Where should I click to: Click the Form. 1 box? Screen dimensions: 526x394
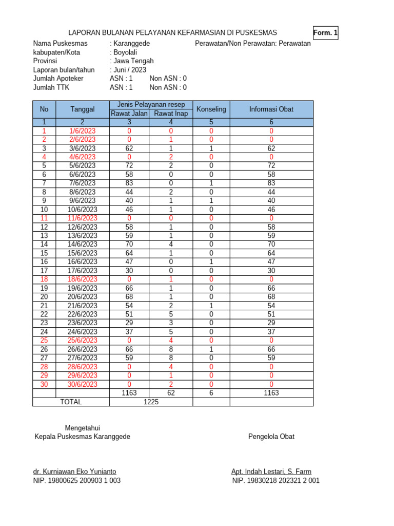(325, 33)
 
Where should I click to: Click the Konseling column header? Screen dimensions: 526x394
(211, 109)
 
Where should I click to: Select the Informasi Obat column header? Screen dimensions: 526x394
(271, 109)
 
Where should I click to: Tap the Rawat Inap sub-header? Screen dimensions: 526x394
(171, 114)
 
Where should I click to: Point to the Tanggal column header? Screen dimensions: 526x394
(82, 109)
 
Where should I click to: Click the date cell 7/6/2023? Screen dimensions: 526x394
(82, 183)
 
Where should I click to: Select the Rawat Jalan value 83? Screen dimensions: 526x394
(129, 183)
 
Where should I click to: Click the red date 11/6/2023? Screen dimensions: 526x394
(82, 218)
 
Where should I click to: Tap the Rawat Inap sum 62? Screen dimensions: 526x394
(171, 393)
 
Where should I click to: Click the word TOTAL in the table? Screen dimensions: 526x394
(71, 402)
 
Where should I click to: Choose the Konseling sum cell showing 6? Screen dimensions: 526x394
(211, 393)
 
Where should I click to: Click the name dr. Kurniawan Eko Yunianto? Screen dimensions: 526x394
(74, 472)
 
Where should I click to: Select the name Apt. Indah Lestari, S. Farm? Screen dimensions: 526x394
(271, 472)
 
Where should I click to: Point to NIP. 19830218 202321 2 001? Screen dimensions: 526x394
(275, 481)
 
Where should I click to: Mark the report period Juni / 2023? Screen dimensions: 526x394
(130, 70)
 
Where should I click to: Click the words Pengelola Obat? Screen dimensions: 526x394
(271, 437)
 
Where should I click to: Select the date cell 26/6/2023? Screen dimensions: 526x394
(82, 349)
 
